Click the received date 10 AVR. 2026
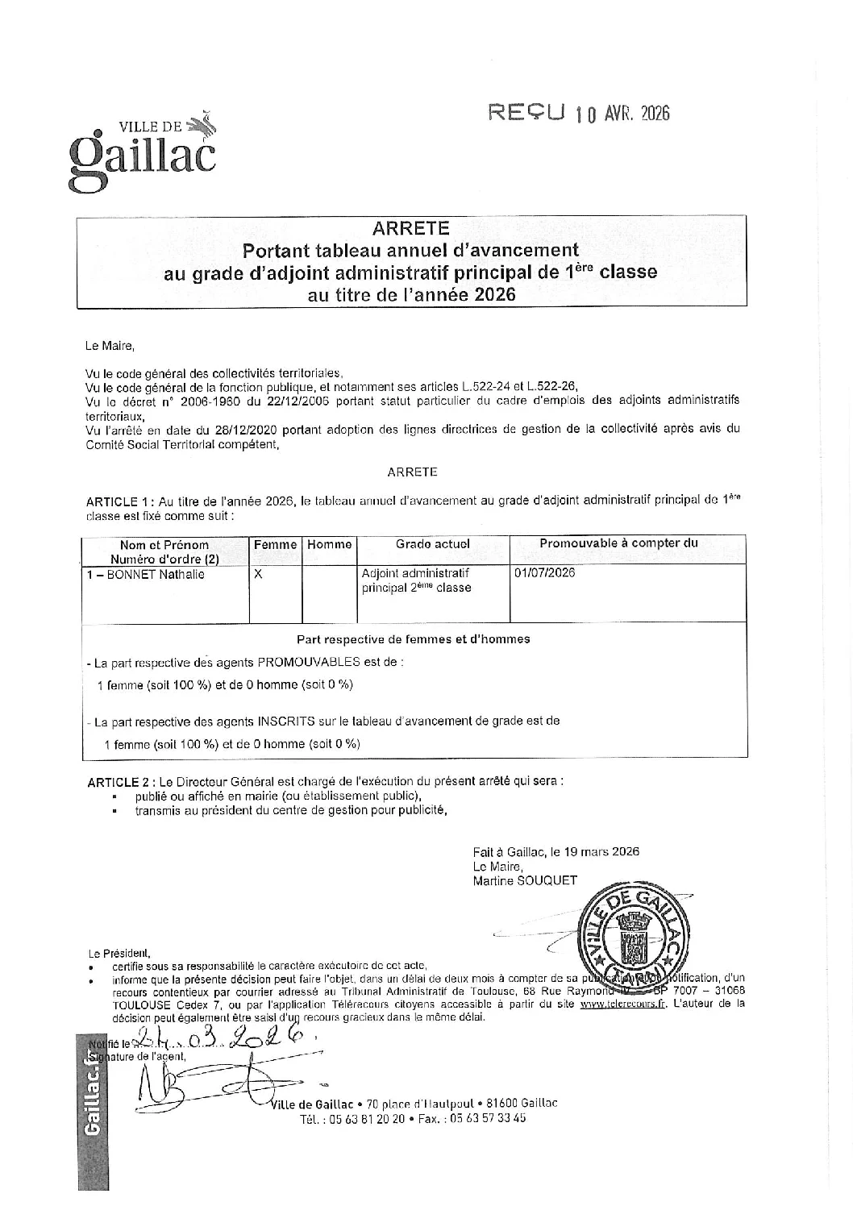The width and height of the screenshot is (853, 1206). click(622, 114)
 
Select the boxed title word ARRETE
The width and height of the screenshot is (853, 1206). click(411, 229)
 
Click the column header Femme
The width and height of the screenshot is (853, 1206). click(276, 545)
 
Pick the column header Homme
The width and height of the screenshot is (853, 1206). click(330, 545)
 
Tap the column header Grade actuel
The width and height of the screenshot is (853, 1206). click(433, 544)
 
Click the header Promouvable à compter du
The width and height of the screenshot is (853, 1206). click(618, 543)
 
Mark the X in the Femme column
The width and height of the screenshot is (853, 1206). click(258, 575)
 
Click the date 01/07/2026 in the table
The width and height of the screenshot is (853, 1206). click(544, 573)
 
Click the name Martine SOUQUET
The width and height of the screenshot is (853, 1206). click(525, 880)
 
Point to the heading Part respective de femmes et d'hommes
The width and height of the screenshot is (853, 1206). click(414, 639)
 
